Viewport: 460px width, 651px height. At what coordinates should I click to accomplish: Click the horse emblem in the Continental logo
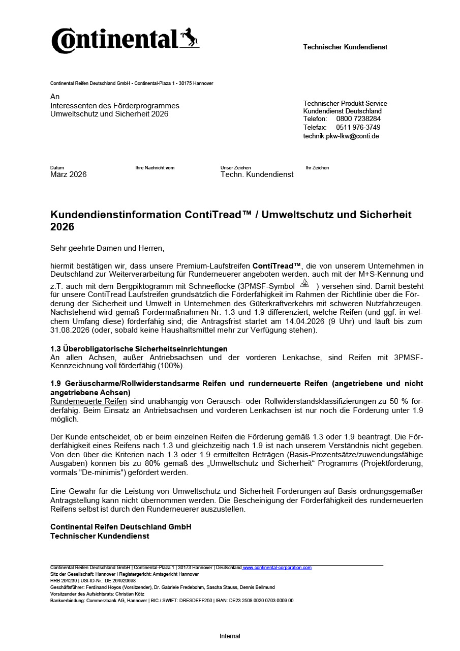coord(190,38)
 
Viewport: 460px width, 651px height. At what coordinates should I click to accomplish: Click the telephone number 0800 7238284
coord(358,119)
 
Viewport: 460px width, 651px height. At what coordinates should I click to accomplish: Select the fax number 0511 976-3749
coord(358,127)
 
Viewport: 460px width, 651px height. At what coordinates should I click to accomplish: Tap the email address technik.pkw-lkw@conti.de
coord(341,136)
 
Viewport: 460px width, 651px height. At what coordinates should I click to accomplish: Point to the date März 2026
coord(69,174)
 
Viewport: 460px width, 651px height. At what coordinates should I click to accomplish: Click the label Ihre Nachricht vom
coord(155,168)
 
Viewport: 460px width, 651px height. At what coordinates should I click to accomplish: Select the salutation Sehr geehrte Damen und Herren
coord(107,248)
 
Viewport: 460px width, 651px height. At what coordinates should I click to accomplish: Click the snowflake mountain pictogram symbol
coord(304,283)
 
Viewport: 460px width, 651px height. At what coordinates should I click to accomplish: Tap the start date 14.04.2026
coord(303,321)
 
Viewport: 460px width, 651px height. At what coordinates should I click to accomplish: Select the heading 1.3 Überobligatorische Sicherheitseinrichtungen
coord(139,348)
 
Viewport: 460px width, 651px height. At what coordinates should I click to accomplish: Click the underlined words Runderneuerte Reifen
coord(89,401)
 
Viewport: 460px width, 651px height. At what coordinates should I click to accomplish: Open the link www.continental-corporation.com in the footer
coord(278,568)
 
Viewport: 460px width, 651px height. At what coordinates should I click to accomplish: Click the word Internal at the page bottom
coord(230,636)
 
